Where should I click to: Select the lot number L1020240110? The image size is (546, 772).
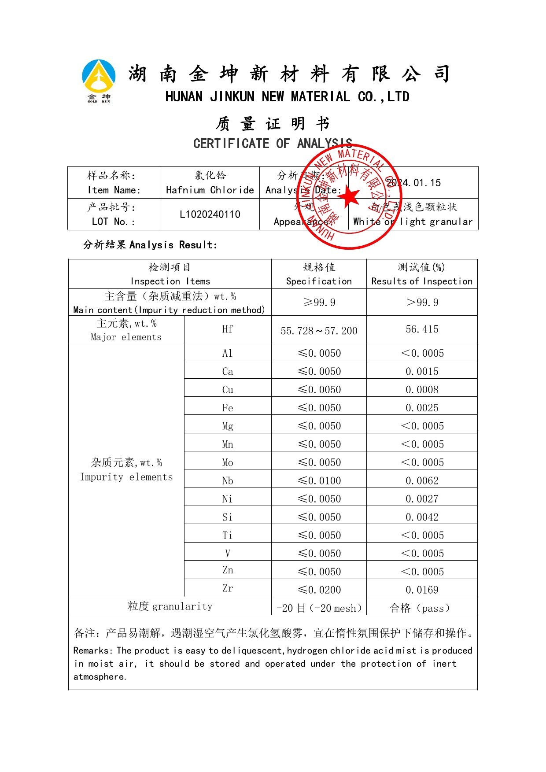click(210, 214)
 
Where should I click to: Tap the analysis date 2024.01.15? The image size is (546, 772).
click(413, 183)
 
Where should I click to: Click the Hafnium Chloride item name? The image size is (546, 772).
click(210, 190)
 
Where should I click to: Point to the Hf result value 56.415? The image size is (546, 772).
click(422, 329)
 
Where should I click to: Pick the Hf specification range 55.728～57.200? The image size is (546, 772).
click(319, 331)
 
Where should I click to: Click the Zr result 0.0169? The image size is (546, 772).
click(422, 590)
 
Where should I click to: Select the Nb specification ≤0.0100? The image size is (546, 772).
click(319, 480)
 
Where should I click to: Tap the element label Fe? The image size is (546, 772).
click(228, 408)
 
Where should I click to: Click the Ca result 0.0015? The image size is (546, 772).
click(422, 371)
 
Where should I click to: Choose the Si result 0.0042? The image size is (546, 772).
click(422, 517)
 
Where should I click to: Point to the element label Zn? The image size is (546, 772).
click(228, 570)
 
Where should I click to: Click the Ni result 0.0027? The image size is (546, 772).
click(422, 499)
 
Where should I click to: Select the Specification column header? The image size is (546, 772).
click(319, 281)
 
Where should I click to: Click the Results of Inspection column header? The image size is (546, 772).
click(422, 281)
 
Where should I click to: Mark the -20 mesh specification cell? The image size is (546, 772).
click(319, 608)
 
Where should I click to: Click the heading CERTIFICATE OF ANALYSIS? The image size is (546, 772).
click(273, 144)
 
